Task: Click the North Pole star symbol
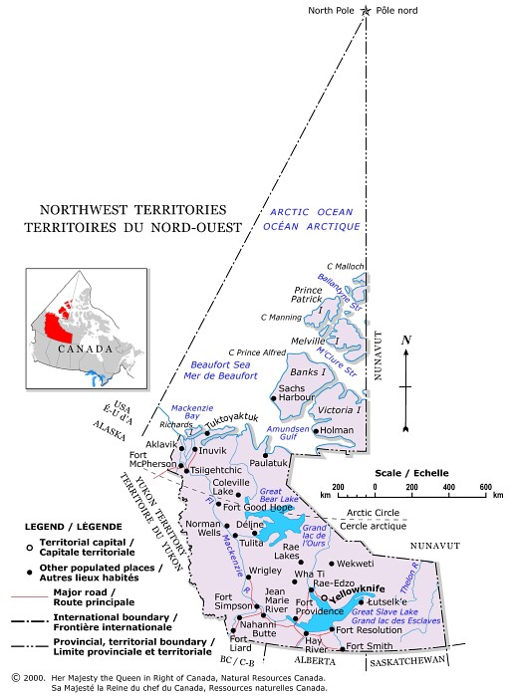point(367,10)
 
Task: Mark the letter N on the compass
point(405,341)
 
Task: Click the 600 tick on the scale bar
point(484,488)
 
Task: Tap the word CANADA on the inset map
point(84,349)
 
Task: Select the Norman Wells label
point(203,530)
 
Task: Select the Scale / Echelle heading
point(410,472)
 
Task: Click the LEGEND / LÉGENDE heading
point(75,525)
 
